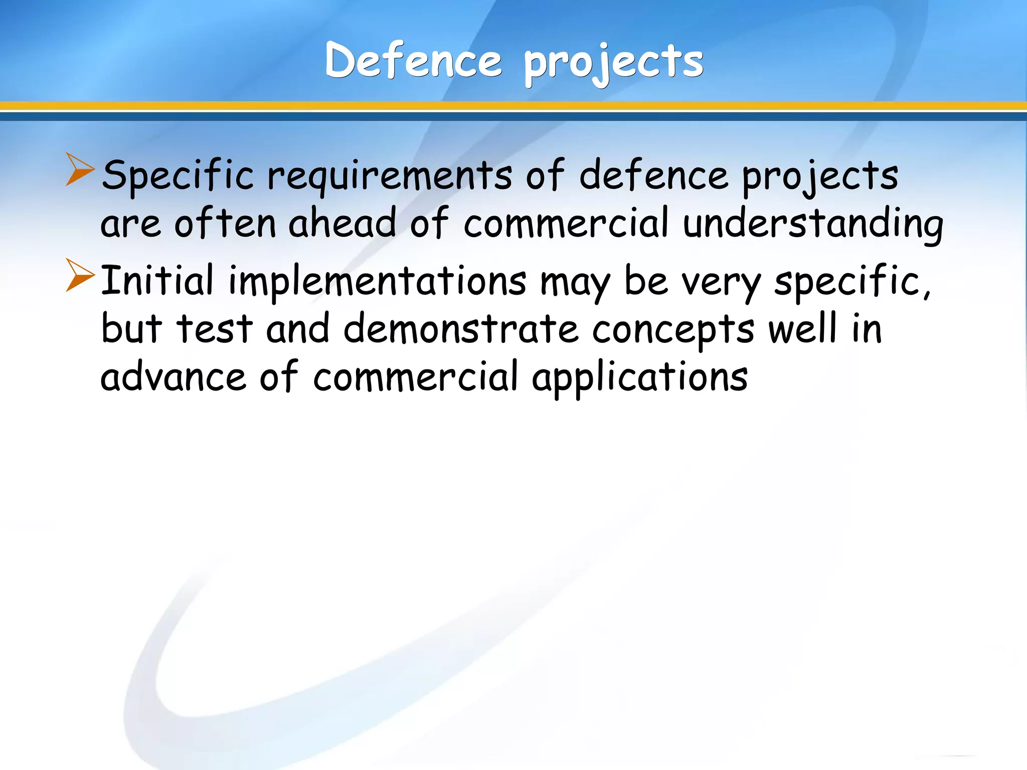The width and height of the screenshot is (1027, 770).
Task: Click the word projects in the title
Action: [x=614, y=63]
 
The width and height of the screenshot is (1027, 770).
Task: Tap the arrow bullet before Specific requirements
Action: [x=80, y=170]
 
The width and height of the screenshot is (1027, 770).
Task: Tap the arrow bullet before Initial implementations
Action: [x=80, y=275]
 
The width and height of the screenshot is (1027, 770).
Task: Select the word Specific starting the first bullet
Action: [x=178, y=176]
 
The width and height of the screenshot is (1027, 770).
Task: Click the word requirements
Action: [x=390, y=177]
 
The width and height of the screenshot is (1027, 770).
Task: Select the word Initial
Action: [x=157, y=280]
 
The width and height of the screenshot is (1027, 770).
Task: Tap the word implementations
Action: [x=377, y=282]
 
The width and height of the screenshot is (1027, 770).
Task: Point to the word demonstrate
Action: [x=461, y=329]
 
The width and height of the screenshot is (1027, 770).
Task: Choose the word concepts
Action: [x=673, y=331]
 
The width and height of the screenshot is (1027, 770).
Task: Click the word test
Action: [x=214, y=329]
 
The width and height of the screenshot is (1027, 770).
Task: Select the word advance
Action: [x=173, y=377]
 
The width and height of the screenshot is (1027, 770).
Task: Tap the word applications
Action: [x=640, y=379]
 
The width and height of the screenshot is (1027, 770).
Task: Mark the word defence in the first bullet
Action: [x=653, y=176]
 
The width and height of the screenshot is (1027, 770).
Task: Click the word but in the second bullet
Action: [x=131, y=328]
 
